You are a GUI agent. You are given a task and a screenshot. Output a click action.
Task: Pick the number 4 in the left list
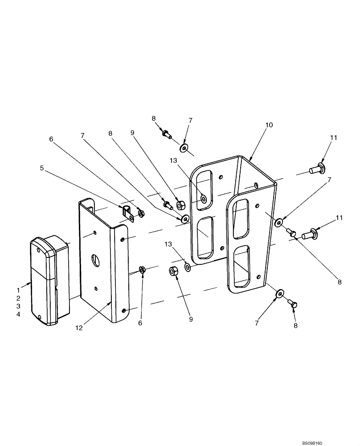[x=18, y=315]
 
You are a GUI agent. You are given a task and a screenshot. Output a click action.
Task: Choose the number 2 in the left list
[x=18, y=297]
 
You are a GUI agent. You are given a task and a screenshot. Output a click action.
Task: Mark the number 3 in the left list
[x=18, y=306]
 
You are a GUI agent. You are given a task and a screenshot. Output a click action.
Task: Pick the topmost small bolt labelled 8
[x=167, y=132]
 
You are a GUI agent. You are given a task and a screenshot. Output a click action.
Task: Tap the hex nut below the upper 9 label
[x=181, y=205]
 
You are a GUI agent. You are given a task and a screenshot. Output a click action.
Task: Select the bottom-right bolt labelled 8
[x=293, y=304]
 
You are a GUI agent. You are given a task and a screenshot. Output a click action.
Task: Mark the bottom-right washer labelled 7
[x=279, y=293]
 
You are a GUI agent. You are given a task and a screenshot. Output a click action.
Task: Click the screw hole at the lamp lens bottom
[x=41, y=317]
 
